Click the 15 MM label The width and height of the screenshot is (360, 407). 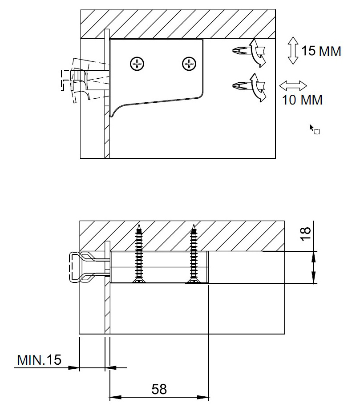(321, 51)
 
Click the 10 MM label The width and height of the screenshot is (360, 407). (302, 100)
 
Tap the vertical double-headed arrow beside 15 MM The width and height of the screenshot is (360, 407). (292, 51)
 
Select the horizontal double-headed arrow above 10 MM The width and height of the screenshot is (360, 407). (293, 85)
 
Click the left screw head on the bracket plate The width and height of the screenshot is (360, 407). (138, 64)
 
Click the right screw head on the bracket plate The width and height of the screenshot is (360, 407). (190, 64)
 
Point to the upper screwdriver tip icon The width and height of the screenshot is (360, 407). (241, 50)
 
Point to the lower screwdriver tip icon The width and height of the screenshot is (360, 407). (241, 85)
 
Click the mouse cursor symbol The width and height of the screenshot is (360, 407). (314, 129)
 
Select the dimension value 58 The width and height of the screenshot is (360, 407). (159, 389)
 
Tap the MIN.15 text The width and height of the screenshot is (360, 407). (39, 360)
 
